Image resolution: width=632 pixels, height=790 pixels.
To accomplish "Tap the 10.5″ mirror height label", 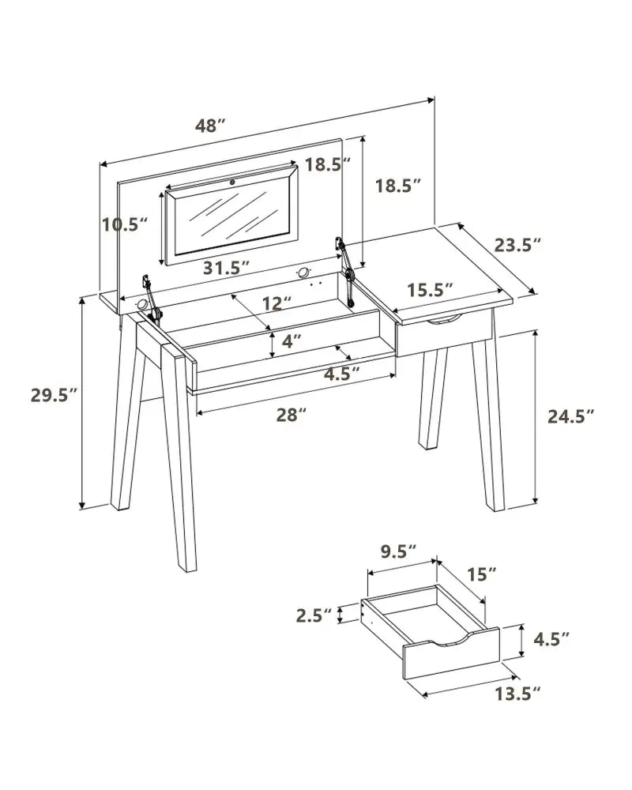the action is coord(125,224).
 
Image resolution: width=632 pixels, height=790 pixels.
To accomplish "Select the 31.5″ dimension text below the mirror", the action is coord(226,268).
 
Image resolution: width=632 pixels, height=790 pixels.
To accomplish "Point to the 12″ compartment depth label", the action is coord(276,303).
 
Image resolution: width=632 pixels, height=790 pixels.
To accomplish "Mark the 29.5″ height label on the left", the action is coord(55,396).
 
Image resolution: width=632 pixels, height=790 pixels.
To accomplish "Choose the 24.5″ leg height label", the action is coord(571,416).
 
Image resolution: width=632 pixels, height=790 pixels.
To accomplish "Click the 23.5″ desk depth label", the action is coord(517,246).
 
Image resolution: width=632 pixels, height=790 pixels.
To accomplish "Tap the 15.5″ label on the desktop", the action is coord(431,290).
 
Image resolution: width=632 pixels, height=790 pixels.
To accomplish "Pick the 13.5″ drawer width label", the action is coord(517,694).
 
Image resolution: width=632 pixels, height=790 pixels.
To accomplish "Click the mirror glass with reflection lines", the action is coord(233,220).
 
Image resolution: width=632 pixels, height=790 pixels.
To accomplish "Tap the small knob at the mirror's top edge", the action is coord(233,182).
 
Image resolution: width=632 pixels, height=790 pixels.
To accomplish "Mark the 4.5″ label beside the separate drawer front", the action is coord(551,640).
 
